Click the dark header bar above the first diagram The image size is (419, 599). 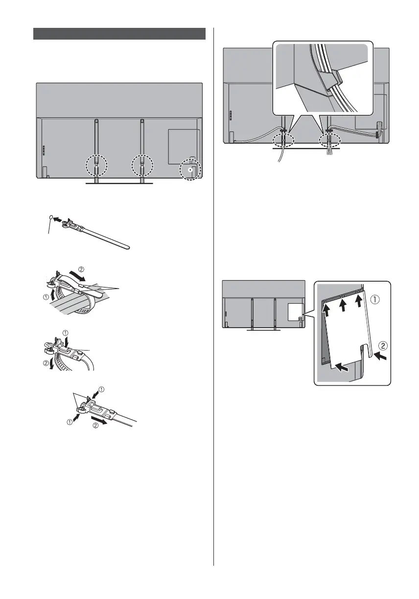point(119,33)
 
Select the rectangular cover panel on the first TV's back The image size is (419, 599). point(183,146)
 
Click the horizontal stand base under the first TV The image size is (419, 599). point(119,184)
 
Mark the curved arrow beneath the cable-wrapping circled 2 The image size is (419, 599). point(77,277)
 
